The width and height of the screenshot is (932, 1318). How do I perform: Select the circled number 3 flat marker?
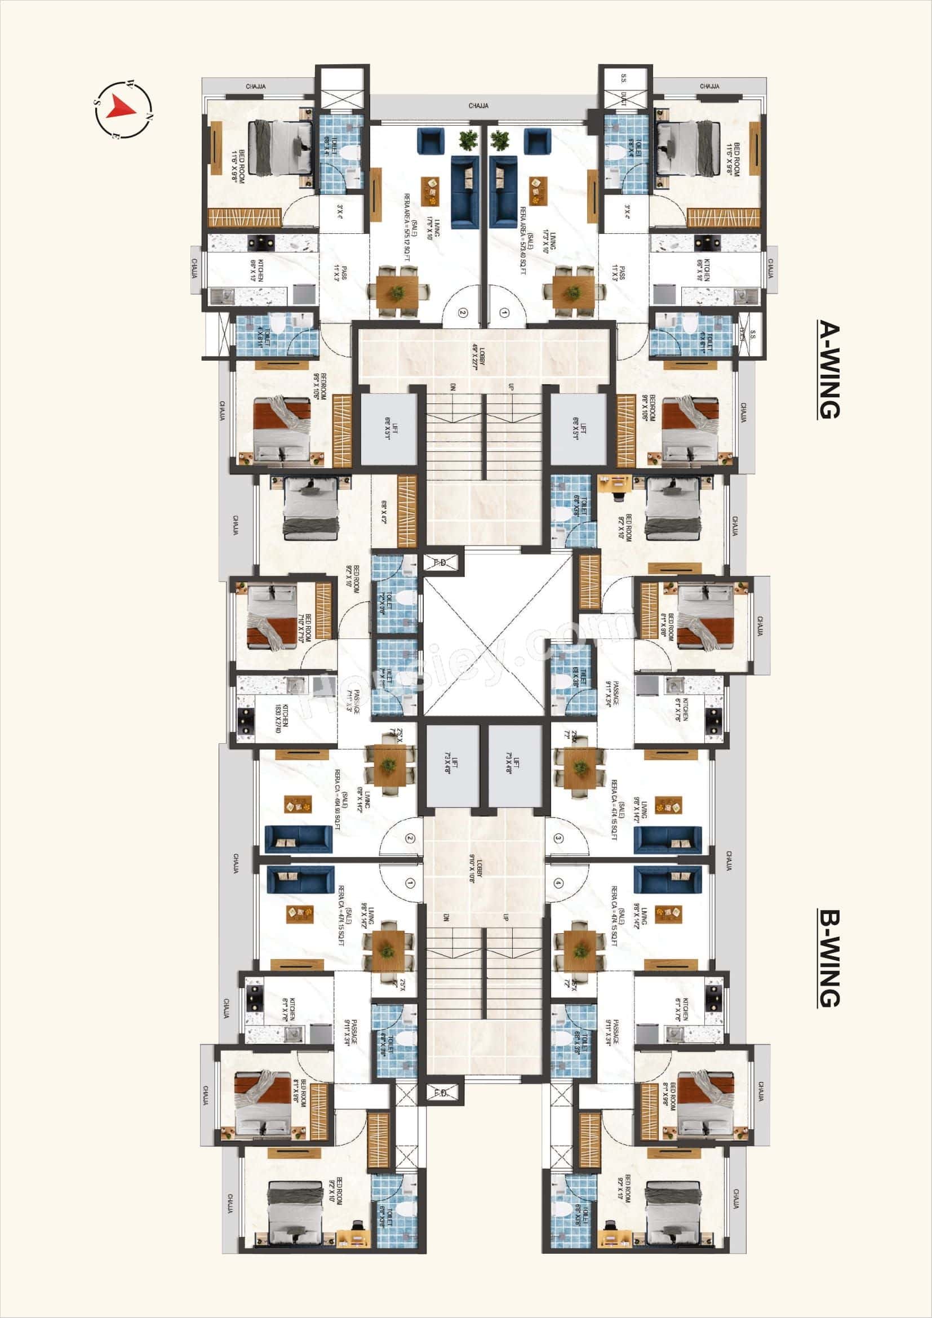(x=558, y=837)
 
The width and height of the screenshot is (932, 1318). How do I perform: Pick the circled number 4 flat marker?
(x=558, y=882)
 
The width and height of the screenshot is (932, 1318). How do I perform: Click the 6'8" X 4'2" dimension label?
(x=383, y=512)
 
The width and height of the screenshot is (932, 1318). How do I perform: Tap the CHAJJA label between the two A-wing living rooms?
(x=478, y=106)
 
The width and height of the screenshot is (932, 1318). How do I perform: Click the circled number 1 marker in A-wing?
(x=504, y=313)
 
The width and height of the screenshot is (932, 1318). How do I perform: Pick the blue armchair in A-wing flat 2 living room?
(x=429, y=140)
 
